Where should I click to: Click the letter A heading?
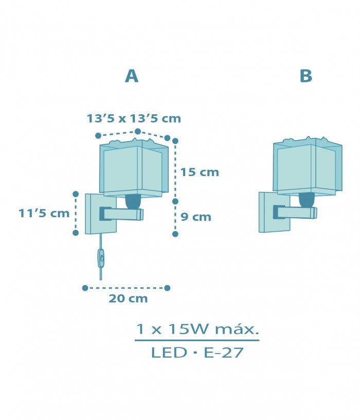pyautogui.click(x=132, y=76)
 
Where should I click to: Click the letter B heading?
pyautogui.click(x=305, y=76)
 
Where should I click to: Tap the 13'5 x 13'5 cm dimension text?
pyautogui.click(x=134, y=118)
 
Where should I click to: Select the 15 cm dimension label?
pyautogui.click(x=200, y=172)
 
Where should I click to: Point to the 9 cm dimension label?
pyautogui.click(x=195, y=217)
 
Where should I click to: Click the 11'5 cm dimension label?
pyautogui.click(x=44, y=213)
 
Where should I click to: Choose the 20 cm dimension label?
pyautogui.click(x=128, y=299)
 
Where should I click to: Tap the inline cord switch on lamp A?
pyautogui.click(x=101, y=258)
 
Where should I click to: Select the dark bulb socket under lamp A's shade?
pyautogui.click(x=134, y=201)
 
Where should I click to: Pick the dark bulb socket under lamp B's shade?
pyautogui.click(x=307, y=200)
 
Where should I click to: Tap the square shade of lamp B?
pyautogui.click(x=307, y=167)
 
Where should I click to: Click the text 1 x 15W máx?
pyautogui.click(x=197, y=329)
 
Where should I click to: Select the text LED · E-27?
pyautogui.click(x=197, y=354)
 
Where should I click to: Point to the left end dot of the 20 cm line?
pyautogui.click(x=85, y=288)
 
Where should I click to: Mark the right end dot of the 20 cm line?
pyautogui.click(x=167, y=288)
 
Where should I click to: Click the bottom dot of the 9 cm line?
pyautogui.click(x=175, y=234)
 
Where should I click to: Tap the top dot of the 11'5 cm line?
pyautogui.click(x=76, y=194)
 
